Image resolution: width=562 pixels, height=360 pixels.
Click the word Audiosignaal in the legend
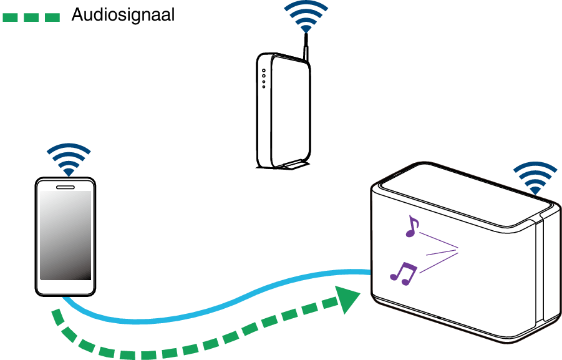pos(122,15)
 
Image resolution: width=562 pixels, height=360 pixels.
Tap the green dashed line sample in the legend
pos(31,17)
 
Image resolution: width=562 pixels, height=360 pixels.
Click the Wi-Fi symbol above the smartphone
pos(69,160)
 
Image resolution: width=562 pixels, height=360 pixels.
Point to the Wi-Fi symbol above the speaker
pos(534,178)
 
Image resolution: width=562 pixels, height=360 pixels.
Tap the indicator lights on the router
pos(264,77)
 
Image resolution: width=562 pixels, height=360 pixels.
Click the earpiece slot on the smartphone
pos(65,186)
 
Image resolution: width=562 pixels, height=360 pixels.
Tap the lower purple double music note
pos(404,273)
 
